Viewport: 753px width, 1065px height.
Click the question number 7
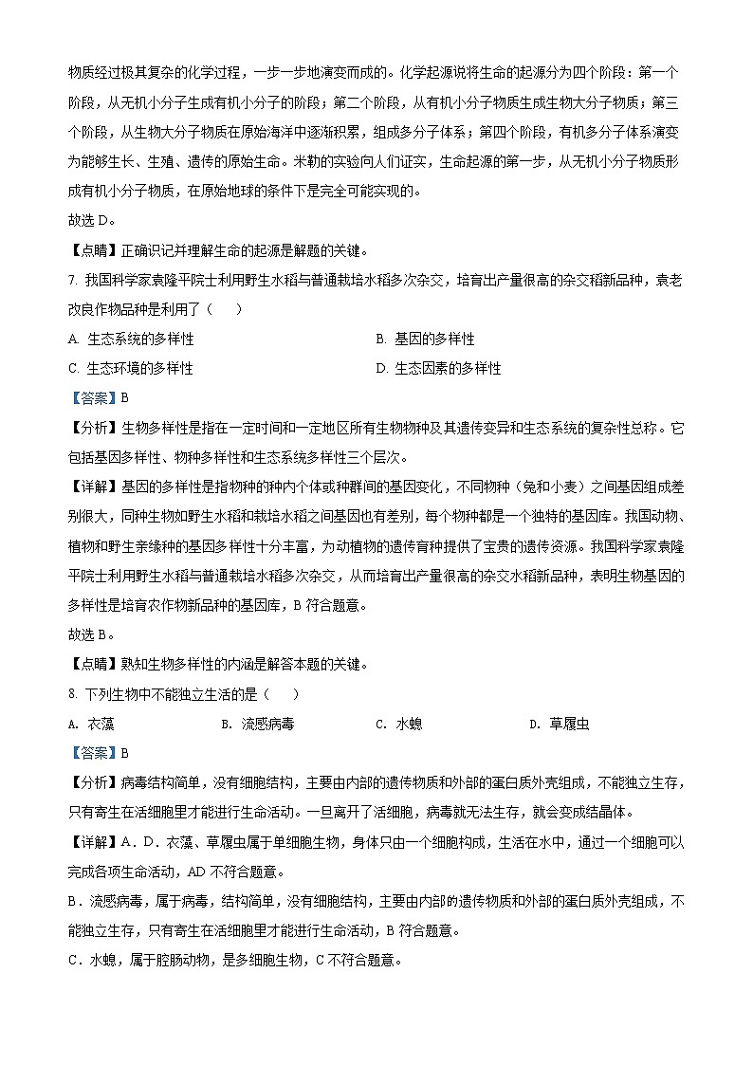point(73,280)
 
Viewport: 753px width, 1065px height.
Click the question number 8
point(73,694)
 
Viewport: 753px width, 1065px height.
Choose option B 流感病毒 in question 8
point(257,724)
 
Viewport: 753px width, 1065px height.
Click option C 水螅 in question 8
point(399,724)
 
